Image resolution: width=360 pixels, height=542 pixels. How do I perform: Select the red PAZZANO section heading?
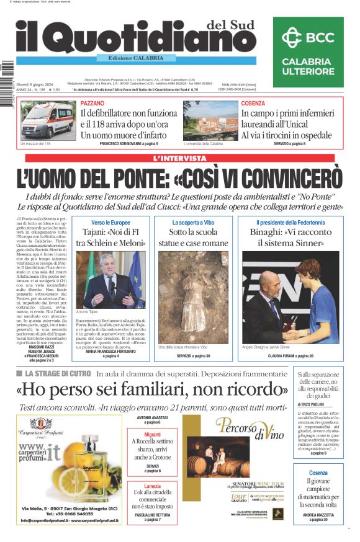click(x=92, y=104)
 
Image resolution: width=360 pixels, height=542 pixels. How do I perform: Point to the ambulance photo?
click(x=48, y=120)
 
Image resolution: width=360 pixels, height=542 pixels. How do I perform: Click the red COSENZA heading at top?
click(x=253, y=104)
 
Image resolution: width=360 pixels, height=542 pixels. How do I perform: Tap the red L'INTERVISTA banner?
click(x=179, y=158)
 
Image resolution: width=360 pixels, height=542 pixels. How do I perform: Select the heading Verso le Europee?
click(x=110, y=222)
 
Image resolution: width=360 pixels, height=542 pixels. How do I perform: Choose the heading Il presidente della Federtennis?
click(x=291, y=222)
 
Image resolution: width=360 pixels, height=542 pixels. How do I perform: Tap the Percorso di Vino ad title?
click(x=240, y=427)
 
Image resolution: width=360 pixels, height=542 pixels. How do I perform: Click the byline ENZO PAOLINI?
click(x=322, y=404)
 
